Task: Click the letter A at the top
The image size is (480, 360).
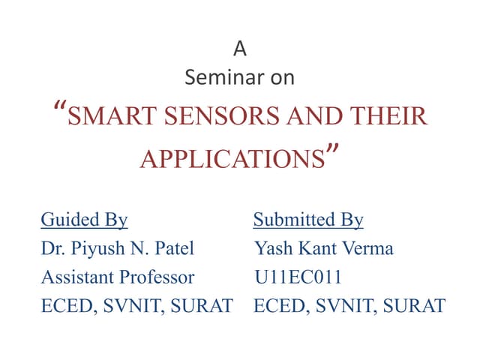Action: pyautogui.click(x=239, y=49)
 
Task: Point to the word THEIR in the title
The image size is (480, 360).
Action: pyautogui.click(x=391, y=118)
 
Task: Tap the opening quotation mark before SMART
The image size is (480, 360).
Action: pyautogui.click(x=61, y=112)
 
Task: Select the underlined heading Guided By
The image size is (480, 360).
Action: pyautogui.click(x=84, y=220)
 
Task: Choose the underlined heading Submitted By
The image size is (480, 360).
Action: pyautogui.click(x=308, y=220)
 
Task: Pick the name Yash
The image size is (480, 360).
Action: pyautogui.click(x=272, y=248)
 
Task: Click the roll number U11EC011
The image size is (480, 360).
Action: pyautogui.click(x=298, y=277)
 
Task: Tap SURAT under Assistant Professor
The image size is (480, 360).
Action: pyautogui.click(x=202, y=306)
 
